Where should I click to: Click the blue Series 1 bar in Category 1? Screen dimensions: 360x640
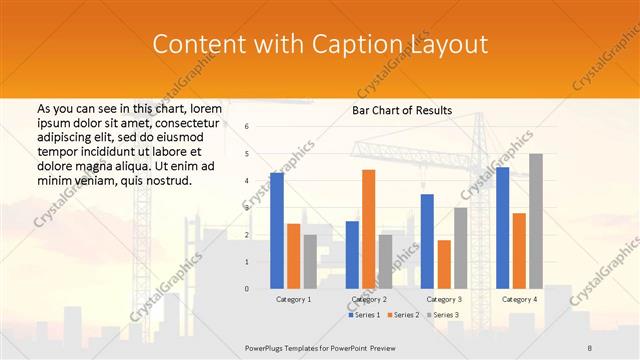pos(276,230)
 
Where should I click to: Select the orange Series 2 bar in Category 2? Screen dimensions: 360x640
pos(368,229)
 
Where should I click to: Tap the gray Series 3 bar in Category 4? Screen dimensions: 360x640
pos(535,221)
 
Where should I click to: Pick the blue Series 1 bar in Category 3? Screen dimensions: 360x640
pos(427,241)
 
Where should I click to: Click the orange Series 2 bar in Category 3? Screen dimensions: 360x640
pos(443,264)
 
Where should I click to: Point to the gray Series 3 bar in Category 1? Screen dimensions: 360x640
pos(310,261)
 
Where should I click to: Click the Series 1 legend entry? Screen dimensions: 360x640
pos(364,315)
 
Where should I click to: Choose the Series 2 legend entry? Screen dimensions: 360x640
pos(403,315)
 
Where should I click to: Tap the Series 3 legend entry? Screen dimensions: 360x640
pos(443,315)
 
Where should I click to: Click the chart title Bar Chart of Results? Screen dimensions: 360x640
pos(402,110)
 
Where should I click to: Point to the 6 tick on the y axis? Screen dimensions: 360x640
pos(247,127)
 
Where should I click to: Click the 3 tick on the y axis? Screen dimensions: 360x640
pos(247,208)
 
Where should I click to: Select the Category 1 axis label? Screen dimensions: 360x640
pos(293,299)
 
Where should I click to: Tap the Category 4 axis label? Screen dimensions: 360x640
pos(518,299)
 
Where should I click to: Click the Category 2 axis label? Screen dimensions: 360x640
pos(368,299)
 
